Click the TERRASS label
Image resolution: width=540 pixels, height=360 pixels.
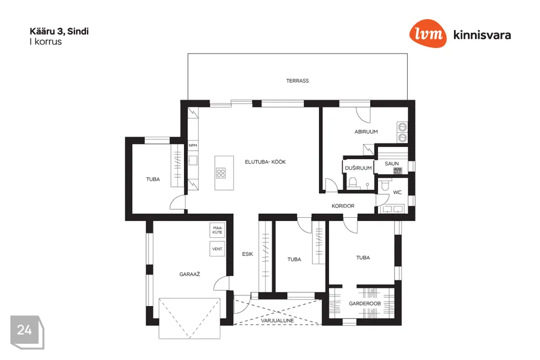pos(297,80)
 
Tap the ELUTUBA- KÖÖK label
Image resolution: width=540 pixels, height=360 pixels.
pos(265,161)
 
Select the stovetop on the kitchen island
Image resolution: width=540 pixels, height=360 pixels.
pos(220,173)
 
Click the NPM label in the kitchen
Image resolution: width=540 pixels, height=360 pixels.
pos(193,145)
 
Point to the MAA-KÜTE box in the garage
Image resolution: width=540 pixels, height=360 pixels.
pos(217,230)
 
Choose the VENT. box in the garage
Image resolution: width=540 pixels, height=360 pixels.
pos(217,249)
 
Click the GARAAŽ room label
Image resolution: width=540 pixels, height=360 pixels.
pos(190,274)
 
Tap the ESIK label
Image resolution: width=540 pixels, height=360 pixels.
pos(247,254)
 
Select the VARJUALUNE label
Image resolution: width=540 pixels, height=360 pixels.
pos(277,321)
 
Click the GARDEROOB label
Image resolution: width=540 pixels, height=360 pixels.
pos(364,304)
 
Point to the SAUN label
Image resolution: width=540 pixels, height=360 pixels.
pos(391,164)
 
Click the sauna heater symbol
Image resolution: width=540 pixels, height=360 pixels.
pos(398,170)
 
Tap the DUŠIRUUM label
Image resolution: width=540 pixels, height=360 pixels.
pos(358,168)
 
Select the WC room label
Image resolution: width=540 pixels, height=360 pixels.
pos(397,192)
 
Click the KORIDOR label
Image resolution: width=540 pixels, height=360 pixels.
pos(343,206)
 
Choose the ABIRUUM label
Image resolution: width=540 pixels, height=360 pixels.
pos(366,132)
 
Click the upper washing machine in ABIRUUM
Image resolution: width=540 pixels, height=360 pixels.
pos(402,127)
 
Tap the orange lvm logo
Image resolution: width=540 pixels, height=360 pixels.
pos(427,33)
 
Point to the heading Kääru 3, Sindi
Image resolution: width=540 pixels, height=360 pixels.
pos(59,31)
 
